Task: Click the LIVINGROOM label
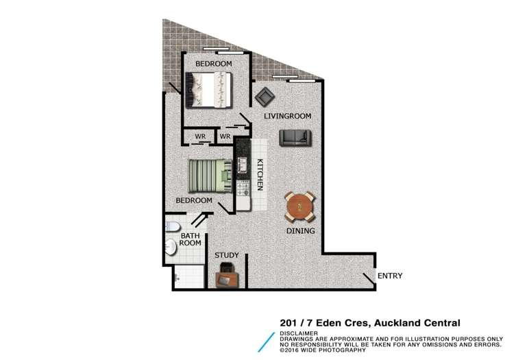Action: (287, 117)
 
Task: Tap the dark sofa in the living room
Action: (295, 138)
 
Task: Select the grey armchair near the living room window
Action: (264, 97)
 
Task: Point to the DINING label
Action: (300, 231)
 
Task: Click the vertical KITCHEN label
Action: (260, 174)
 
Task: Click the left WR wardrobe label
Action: (200, 136)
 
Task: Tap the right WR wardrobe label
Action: (224, 136)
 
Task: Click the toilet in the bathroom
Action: (173, 228)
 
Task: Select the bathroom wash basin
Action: (171, 247)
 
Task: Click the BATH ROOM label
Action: (190, 240)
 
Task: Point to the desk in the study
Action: (227, 278)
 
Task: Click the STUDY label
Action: (227, 256)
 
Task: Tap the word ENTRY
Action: (389, 276)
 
